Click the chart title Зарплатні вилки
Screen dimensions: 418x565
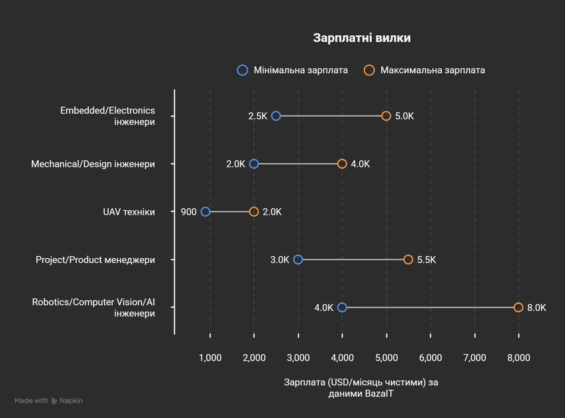362,38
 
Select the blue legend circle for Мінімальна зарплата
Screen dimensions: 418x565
243,70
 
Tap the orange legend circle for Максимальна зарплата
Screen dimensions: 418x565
369,70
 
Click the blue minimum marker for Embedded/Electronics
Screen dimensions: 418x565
276,116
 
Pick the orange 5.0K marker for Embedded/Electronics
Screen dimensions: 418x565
386,116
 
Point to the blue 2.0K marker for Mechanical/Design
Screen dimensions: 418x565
254,164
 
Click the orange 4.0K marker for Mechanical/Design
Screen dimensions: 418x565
342,164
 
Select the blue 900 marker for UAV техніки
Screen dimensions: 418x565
205,212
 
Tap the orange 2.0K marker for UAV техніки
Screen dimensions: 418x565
254,212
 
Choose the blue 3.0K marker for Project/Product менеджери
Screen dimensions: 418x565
298,260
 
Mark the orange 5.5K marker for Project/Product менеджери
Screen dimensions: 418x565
408,260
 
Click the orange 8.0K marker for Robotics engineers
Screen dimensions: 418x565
518,307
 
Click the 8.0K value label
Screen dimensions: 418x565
537,308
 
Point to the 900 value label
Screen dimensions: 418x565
188,212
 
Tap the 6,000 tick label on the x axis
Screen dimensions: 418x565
430,358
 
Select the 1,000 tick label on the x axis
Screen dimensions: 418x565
210,358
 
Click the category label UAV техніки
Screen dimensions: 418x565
129,212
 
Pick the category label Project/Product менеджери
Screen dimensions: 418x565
95,260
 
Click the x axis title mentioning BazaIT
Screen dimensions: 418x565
361,388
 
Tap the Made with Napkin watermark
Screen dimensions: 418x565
49,401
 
